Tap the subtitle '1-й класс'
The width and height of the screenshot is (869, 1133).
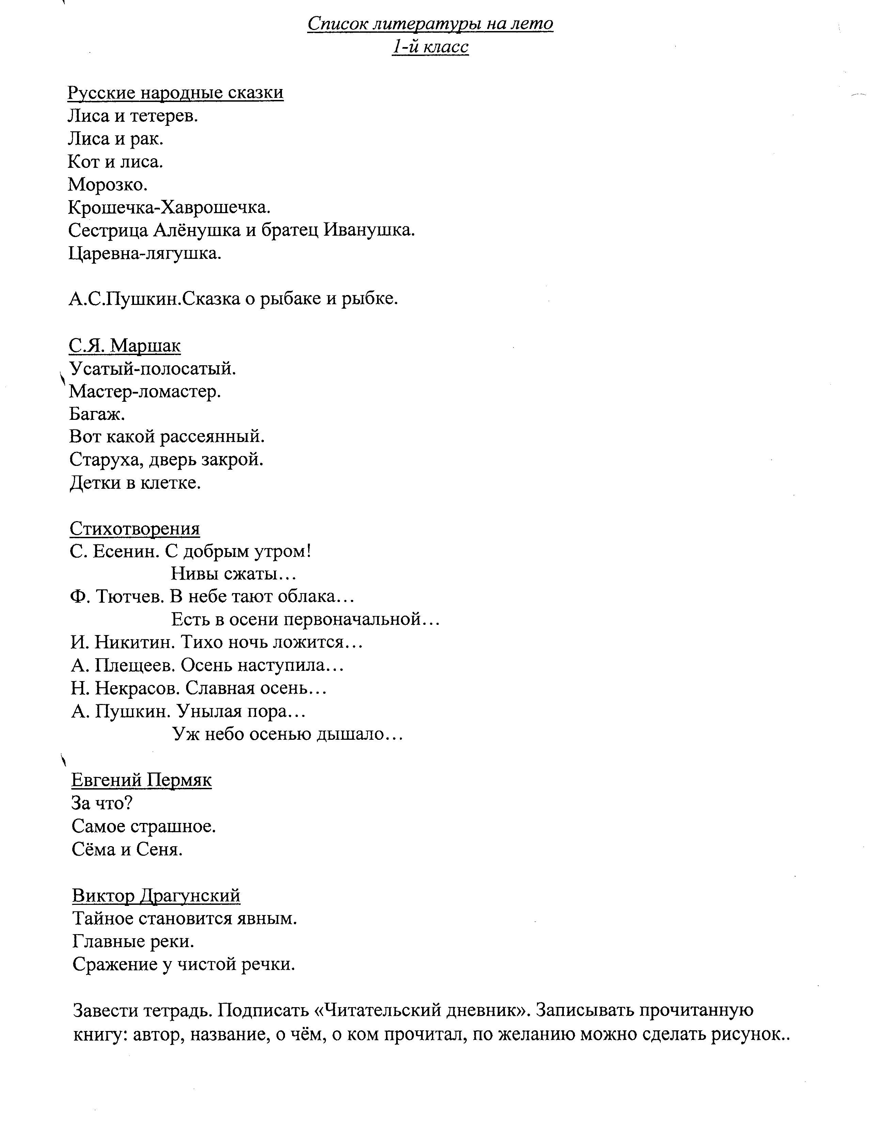(x=430, y=47)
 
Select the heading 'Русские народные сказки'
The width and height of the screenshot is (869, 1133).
(x=175, y=93)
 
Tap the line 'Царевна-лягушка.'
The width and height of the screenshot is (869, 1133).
(x=144, y=253)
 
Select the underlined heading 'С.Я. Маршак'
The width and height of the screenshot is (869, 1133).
(x=125, y=345)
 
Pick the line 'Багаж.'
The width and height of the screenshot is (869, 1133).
(x=97, y=414)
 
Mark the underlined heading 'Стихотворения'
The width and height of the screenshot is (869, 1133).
(x=134, y=528)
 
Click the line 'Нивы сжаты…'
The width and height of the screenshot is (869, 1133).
(x=234, y=574)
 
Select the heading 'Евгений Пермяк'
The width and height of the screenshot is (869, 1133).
(x=141, y=780)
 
